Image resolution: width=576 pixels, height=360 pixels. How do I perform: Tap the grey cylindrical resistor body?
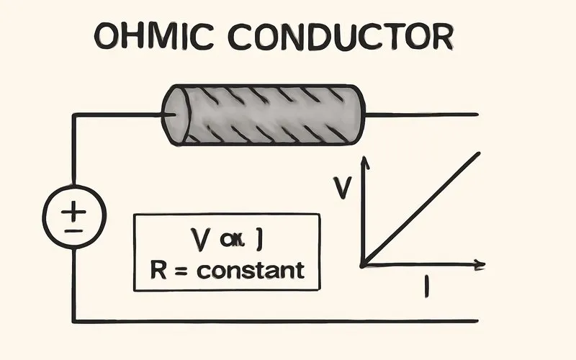[266, 114]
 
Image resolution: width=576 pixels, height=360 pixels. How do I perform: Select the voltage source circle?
[74, 217]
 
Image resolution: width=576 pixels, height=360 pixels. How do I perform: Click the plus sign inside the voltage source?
[74, 210]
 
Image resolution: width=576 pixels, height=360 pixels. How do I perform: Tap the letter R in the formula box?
[158, 270]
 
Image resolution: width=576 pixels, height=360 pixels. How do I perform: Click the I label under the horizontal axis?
[427, 286]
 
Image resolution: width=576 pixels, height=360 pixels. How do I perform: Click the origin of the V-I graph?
[364, 264]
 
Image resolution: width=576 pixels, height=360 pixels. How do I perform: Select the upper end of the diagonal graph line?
[477, 153]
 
